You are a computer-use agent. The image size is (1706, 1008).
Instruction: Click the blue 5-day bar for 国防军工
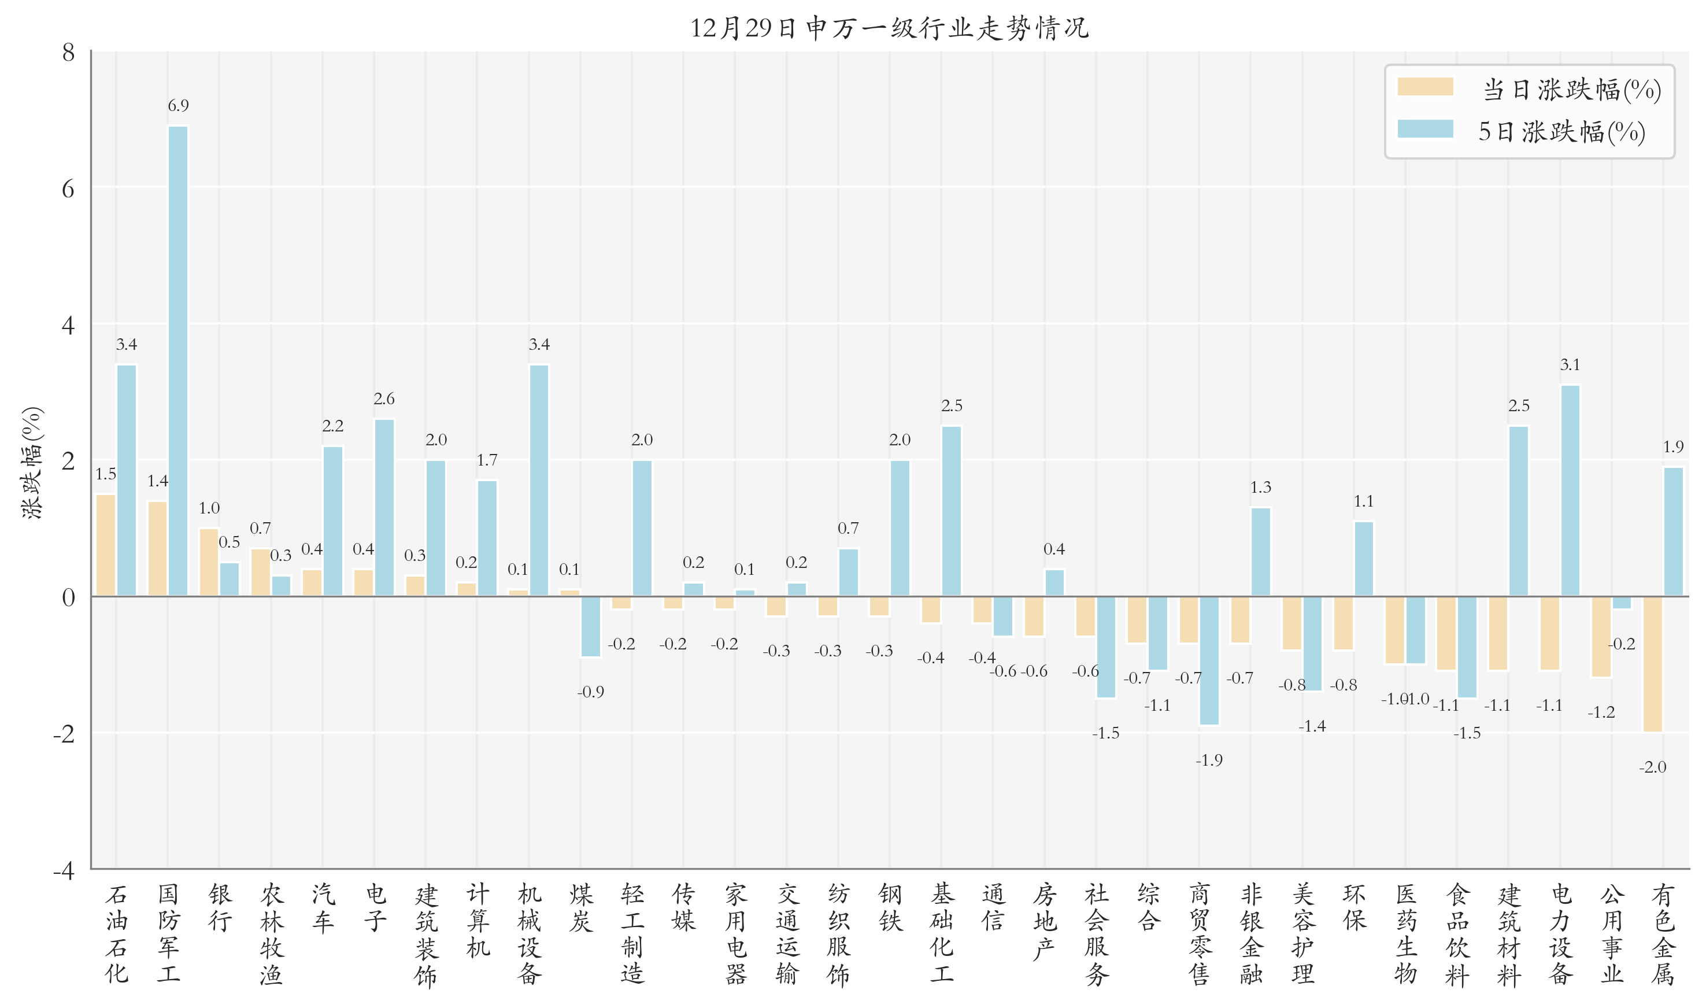tap(178, 360)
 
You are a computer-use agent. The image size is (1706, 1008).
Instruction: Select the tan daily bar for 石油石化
tap(106, 545)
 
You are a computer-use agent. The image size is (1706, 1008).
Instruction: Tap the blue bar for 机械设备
tap(539, 480)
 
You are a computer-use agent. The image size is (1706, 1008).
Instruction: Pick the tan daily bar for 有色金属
tap(1652, 664)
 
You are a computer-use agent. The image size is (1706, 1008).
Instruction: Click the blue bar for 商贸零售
tap(1209, 660)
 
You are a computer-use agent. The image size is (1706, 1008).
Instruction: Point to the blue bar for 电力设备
tap(1570, 490)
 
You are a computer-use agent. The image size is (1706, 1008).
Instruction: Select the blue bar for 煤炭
tap(590, 626)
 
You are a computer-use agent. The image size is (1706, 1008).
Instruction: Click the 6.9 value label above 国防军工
tap(178, 105)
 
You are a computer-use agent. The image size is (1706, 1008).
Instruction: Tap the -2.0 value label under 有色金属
tap(1652, 767)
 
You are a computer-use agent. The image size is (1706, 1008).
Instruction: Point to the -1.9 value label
tap(1208, 760)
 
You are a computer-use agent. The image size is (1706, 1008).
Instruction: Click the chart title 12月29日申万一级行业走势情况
tap(889, 28)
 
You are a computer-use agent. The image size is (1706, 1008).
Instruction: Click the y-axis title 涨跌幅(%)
tap(32, 463)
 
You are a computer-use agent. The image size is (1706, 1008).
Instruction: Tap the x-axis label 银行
tap(220, 907)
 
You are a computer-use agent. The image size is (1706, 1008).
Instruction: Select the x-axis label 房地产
tap(1044, 921)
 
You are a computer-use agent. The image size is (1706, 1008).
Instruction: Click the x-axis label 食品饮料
tap(1457, 935)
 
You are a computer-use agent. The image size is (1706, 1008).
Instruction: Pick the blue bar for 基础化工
tap(951, 511)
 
